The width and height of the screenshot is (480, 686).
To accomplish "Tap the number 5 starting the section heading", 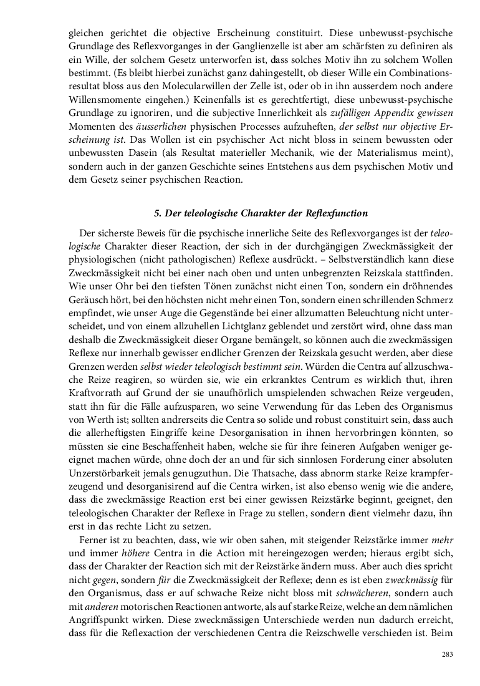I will (156, 213).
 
